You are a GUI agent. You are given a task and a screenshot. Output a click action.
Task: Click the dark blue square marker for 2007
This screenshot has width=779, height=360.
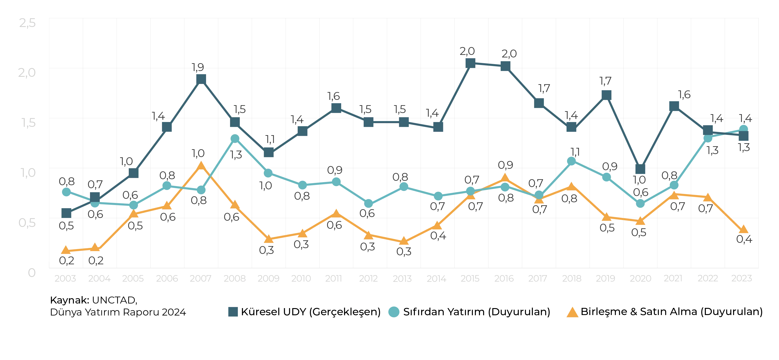(x=201, y=80)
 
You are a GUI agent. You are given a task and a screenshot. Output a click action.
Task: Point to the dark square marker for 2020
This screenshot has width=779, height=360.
(x=640, y=169)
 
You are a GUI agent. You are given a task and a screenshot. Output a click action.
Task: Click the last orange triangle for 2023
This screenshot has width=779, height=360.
(x=741, y=229)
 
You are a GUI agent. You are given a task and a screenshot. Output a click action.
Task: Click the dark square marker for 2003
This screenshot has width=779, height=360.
(x=66, y=213)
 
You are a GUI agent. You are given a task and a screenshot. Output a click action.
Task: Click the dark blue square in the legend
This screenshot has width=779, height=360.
(x=233, y=312)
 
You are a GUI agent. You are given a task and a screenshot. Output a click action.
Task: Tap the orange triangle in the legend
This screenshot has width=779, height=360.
(x=572, y=312)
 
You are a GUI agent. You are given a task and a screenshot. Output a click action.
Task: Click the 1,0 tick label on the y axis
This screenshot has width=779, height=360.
(x=28, y=173)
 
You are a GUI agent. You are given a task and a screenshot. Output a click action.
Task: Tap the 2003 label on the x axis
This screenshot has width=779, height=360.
(x=65, y=279)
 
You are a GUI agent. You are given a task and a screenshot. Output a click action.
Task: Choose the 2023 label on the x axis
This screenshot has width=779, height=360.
(x=741, y=279)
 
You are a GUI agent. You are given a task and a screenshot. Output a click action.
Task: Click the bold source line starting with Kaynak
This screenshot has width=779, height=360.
(x=94, y=301)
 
